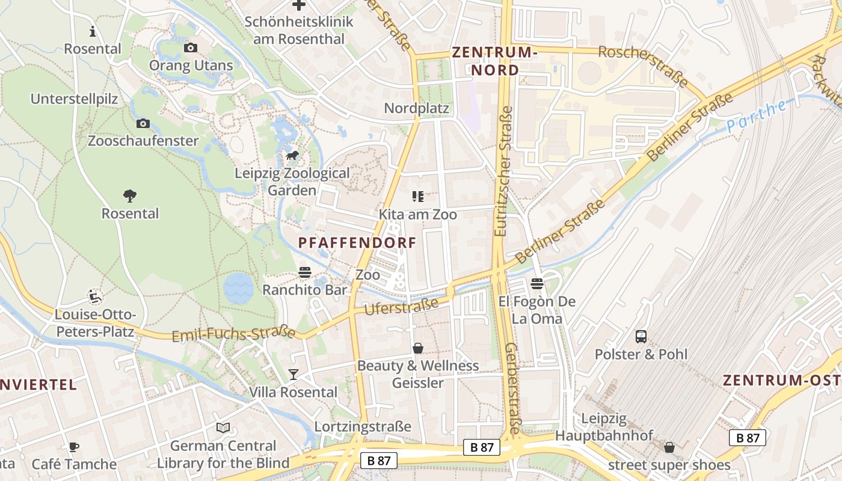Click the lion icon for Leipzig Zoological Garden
coord(292,156)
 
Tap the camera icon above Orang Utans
coord(191,48)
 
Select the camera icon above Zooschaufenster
coord(143,123)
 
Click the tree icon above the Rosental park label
coord(130,195)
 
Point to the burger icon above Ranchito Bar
coord(305,272)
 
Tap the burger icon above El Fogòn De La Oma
coord(537,283)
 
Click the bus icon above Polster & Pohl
coord(641,336)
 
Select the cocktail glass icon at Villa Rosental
coord(293,375)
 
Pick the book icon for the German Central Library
coord(223,427)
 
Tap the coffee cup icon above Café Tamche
coord(73,447)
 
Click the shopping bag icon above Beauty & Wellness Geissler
coord(418,348)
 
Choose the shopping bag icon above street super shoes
coord(669,447)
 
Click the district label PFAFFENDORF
coord(357,243)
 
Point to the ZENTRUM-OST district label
coord(781,380)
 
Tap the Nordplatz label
coord(417,108)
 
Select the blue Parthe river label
coord(756,117)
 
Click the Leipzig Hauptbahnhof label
coord(604,426)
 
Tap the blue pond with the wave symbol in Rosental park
coord(239,288)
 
